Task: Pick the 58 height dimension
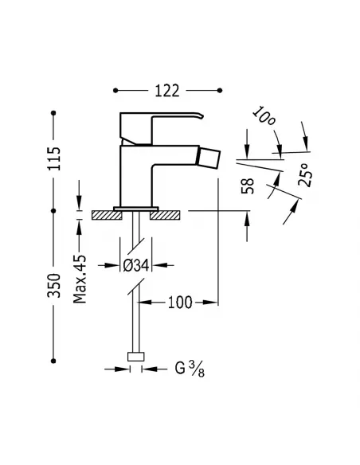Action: [x=248, y=185]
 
